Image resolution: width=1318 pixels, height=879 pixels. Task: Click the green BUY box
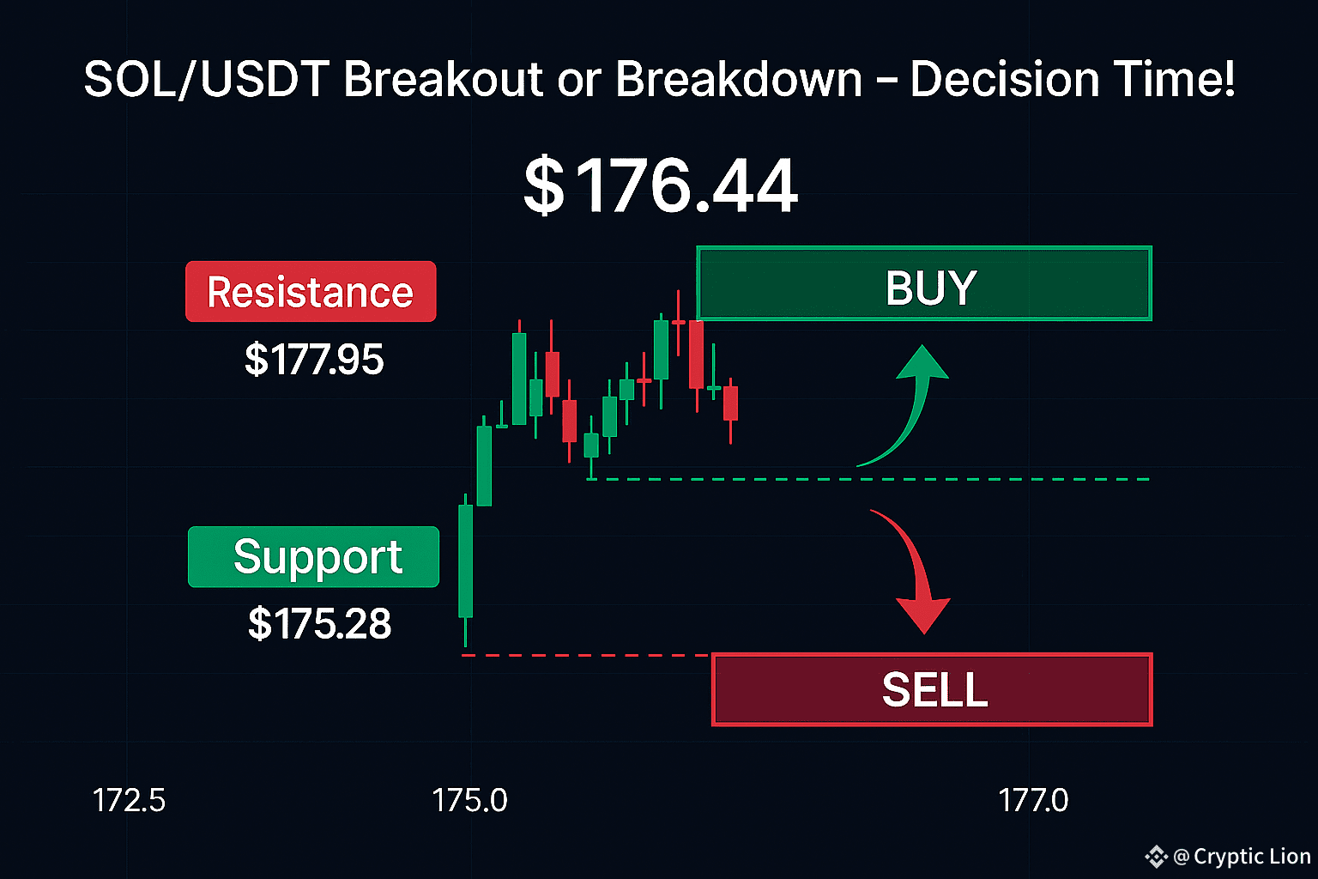click(924, 283)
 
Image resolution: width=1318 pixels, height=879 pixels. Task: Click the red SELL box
click(931, 689)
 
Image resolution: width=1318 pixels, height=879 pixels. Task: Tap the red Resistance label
click(311, 292)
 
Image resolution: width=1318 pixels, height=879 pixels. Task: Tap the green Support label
click(313, 556)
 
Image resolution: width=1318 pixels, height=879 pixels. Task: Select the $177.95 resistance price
click(314, 359)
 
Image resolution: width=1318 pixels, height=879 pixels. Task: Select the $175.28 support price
click(319, 623)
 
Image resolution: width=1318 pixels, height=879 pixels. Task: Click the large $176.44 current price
click(661, 185)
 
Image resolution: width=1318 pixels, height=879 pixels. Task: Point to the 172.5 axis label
click(129, 800)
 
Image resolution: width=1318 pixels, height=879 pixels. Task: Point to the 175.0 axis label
click(469, 800)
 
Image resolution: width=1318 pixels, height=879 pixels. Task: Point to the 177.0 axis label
click(1033, 800)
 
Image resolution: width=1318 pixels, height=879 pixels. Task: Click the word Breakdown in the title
click(739, 79)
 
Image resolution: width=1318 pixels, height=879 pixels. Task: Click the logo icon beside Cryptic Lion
click(1156, 857)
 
